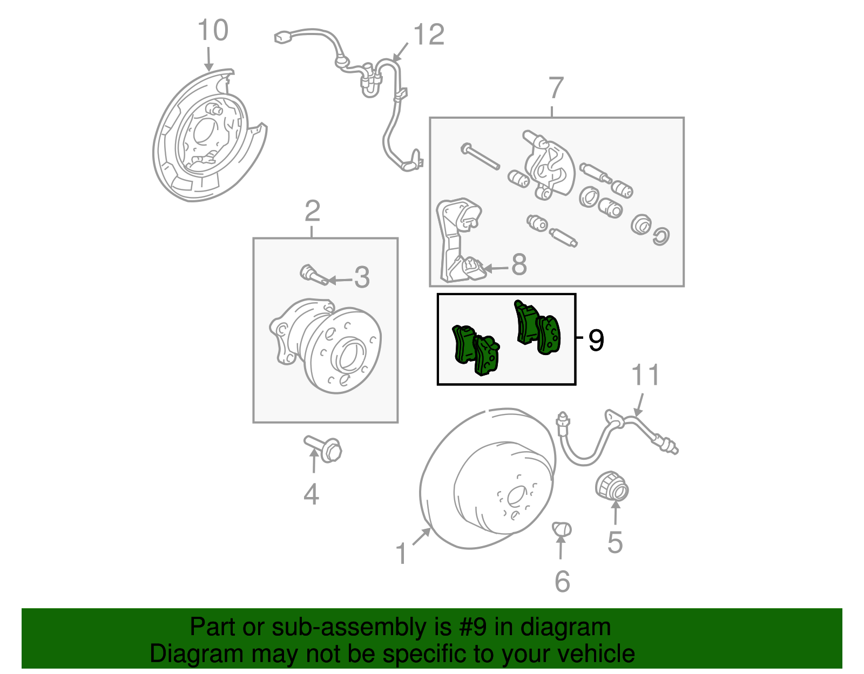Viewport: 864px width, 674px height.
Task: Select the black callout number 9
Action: pyautogui.click(x=596, y=340)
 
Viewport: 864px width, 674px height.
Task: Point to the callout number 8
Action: pyautogui.click(x=518, y=264)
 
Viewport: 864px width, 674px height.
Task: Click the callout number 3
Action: pyautogui.click(x=361, y=277)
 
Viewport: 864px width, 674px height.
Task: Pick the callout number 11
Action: pyautogui.click(x=645, y=375)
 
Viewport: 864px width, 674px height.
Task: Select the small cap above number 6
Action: pyautogui.click(x=562, y=529)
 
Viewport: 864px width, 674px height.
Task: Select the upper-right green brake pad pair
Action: pyautogui.click(x=538, y=328)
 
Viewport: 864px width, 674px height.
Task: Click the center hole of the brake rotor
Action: pyautogui.click(x=515, y=496)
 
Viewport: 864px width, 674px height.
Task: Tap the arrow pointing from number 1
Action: pyautogui.click(x=421, y=537)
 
